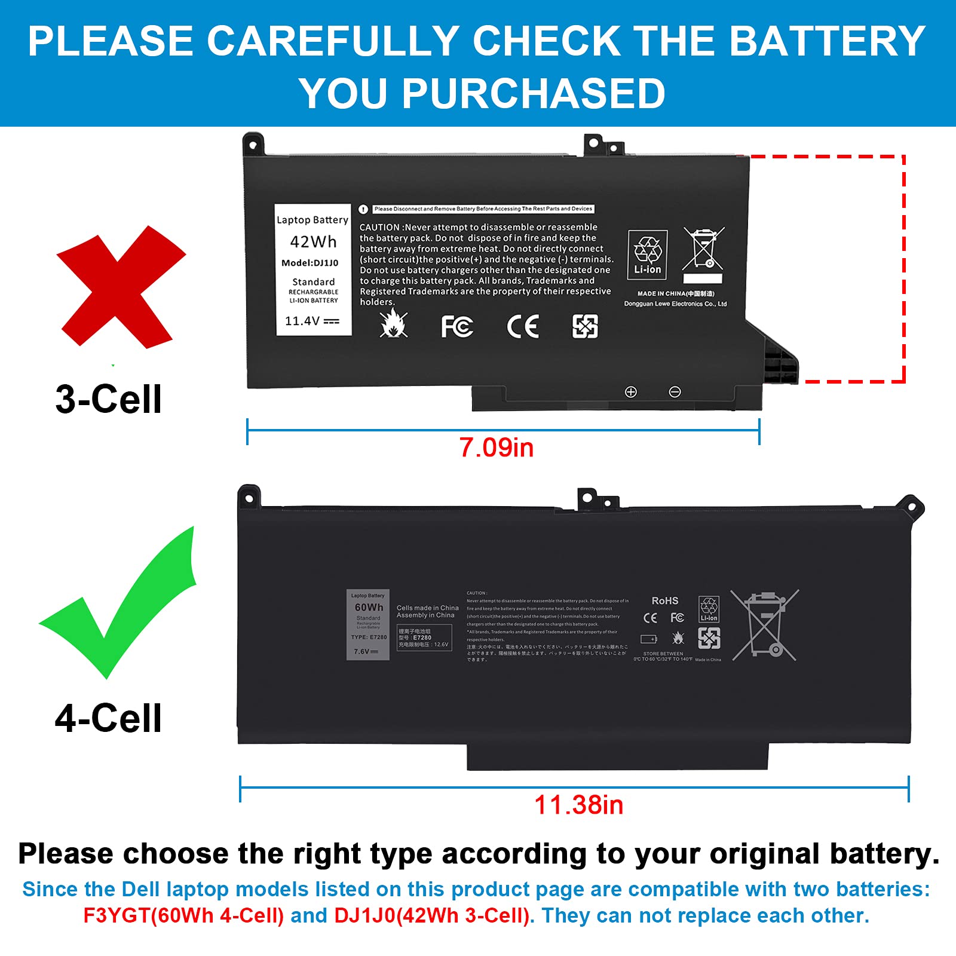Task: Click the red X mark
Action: coord(119,287)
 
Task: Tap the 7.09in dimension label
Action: coord(496,448)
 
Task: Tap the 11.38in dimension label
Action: coord(578,805)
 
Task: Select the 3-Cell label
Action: coord(108,399)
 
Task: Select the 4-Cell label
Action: coord(108,718)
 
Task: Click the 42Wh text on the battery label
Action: coord(313,242)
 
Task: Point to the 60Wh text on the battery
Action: coord(369,607)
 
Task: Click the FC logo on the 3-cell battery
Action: coord(457,326)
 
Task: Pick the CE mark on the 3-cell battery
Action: coord(523,326)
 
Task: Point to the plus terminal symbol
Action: coord(630,392)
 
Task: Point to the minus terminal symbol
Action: coord(675,392)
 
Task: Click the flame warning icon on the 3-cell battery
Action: coord(394,324)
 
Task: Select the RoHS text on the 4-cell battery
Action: coord(664,600)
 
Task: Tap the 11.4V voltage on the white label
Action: coord(311,321)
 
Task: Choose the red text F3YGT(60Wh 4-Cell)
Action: coord(183,915)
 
